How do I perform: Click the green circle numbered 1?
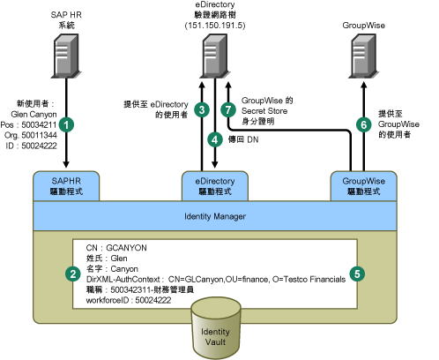66,124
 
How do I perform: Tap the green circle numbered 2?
73,274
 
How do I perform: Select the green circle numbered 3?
202,110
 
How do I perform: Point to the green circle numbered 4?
215,139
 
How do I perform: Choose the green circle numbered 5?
357,274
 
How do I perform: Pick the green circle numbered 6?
364,124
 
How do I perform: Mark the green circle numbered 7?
228,109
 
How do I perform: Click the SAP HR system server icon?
66,56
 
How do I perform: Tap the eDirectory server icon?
215,56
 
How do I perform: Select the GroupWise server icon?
364,56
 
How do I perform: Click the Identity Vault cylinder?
216,328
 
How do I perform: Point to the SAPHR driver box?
66,186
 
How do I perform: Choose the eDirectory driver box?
215,186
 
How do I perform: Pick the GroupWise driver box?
364,186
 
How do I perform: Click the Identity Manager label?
215,216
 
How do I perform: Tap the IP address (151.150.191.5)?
215,26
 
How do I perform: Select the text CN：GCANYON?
116,248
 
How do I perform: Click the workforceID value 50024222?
153,300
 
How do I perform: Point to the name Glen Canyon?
33,115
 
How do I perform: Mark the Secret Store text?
264,111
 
